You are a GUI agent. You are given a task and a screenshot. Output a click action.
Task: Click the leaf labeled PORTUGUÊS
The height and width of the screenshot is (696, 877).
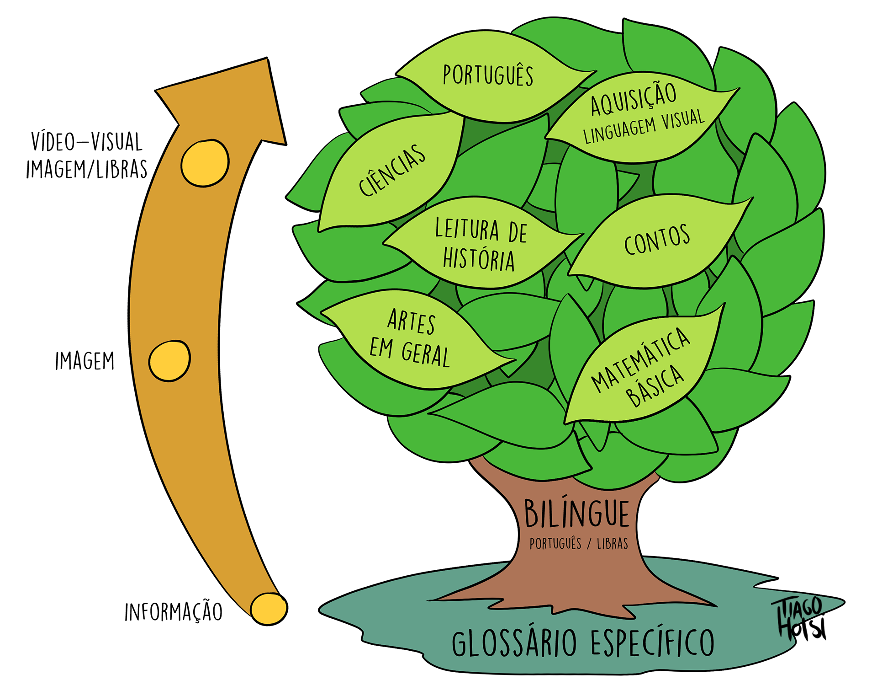pos(488,75)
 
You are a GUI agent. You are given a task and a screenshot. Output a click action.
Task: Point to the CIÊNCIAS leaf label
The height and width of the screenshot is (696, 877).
pos(392,170)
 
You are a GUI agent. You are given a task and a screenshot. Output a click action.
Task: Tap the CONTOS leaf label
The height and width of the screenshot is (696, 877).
pos(657,240)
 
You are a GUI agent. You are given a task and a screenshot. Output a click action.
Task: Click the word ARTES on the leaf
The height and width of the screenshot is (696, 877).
pos(412,321)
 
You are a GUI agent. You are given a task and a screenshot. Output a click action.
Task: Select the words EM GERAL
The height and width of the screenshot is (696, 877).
pos(410,352)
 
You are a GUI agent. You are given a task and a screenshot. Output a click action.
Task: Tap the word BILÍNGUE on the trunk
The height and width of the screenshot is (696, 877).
pos(576,514)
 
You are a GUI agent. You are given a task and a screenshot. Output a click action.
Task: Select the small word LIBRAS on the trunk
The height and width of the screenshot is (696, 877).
pos(612,544)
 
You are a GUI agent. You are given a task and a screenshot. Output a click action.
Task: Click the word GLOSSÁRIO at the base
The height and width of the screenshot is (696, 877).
pos(514,642)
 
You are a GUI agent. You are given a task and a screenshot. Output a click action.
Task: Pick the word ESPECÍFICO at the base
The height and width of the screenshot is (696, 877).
pos(652,642)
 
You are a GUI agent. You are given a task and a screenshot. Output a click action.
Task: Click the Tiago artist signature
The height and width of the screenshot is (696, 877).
pos(798,615)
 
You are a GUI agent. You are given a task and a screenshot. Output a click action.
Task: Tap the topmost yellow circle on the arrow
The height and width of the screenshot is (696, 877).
pos(205,163)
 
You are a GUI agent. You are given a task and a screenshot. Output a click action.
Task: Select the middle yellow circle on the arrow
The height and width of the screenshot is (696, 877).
pos(169,360)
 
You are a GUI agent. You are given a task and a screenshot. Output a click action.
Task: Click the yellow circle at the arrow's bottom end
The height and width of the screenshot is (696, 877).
pos(269,608)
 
